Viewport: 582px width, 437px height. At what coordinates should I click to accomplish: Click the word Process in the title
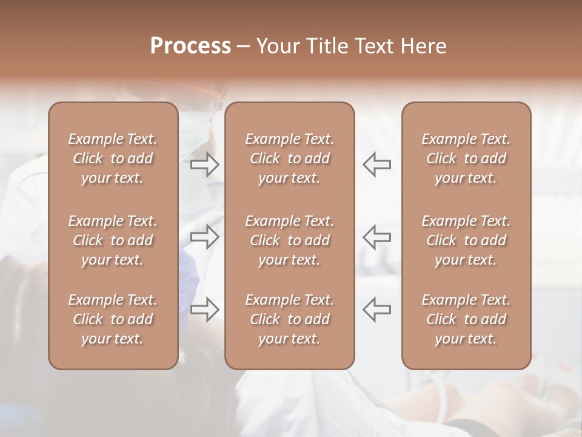[190, 46]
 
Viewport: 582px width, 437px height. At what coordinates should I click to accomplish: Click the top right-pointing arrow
[204, 164]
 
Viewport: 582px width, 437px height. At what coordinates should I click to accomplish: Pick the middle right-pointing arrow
[204, 237]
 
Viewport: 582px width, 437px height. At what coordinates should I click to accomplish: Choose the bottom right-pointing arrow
[204, 309]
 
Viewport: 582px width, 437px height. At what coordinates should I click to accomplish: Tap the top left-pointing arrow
[377, 164]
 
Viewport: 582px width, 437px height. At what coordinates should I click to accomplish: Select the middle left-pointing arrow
[377, 237]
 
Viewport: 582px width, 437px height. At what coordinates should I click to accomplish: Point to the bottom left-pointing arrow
[377, 309]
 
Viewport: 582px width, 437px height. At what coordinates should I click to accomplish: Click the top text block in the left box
[113, 158]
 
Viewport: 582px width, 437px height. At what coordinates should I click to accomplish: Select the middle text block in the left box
[113, 240]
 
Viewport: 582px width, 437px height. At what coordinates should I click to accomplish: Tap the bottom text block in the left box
[113, 319]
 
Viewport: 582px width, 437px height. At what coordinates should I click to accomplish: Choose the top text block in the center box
[289, 158]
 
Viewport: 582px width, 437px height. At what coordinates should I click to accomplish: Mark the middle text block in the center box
[289, 240]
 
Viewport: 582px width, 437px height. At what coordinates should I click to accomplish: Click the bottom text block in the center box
[289, 319]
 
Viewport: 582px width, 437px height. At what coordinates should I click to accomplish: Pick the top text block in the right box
[466, 158]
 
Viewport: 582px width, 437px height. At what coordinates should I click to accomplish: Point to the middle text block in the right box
[466, 240]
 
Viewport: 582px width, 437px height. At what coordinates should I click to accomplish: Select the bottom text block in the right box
[466, 319]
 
